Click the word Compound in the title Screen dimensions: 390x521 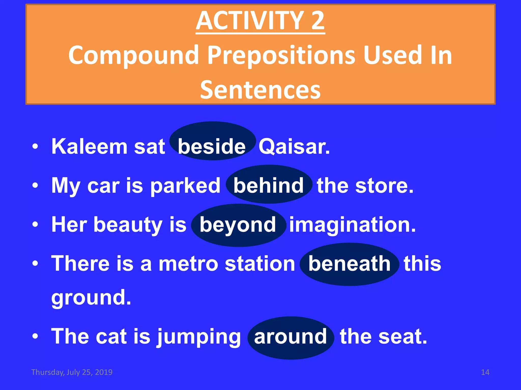pyautogui.click(x=133, y=55)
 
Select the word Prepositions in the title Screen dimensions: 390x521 pyautogui.click(x=281, y=55)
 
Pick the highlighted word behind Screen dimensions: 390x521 pyautogui.click(x=268, y=186)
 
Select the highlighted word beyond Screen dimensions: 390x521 pyautogui.click(x=238, y=225)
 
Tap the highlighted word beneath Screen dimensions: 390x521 pyautogui.click(x=349, y=264)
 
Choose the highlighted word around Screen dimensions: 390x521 pyautogui.click(x=290, y=337)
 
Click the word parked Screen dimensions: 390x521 pyautogui.click(x=185, y=186)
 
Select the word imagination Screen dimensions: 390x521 pyautogui.click(x=353, y=225)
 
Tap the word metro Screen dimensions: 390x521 pyautogui.click(x=189, y=264)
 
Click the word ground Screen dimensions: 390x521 pyautogui.click(x=91, y=298)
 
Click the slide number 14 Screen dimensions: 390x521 pyautogui.click(x=485, y=372)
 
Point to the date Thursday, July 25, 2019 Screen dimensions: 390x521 pyautogui.click(x=72, y=372)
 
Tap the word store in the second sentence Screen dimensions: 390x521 pyautogui.click(x=384, y=186)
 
